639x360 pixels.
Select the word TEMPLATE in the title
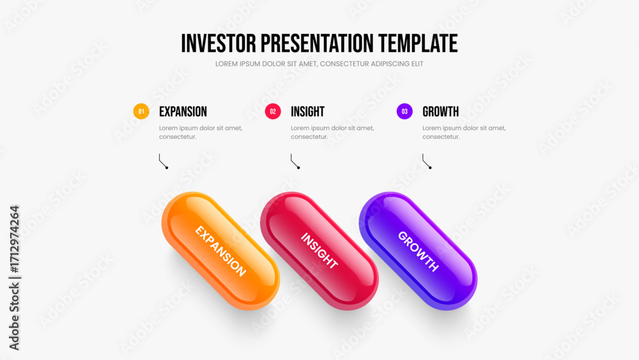tap(418, 43)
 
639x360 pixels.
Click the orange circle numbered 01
tap(141, 111)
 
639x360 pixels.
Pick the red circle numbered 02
tap(273, 111)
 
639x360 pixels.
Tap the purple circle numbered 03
tap(404, 111)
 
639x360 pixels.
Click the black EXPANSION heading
tap(183, 112)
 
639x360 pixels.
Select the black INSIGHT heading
tap(308, 112)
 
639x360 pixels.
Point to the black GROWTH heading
tap(440, 112)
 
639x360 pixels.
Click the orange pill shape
tap(220, 251)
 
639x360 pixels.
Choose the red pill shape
tap(319, 251)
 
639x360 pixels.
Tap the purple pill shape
tap(418, 251)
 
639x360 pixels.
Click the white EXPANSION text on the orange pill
tap(220, 251)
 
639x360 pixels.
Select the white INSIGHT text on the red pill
tap(319, 251)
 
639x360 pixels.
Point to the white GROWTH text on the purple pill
tap(418, 251)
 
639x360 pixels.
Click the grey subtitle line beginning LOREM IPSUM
tap(319, 64)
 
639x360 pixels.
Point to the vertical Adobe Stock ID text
tap(14, 278)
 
